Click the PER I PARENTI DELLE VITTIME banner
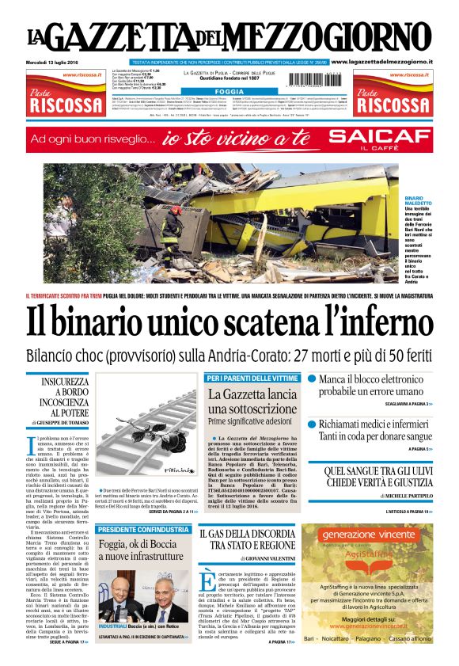[x=252, y=379]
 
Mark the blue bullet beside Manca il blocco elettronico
[x=312, y=380]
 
